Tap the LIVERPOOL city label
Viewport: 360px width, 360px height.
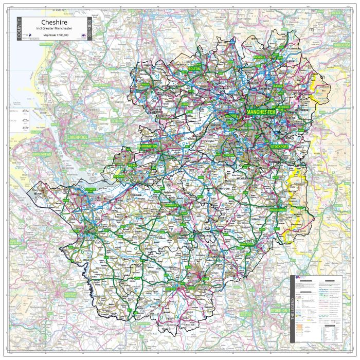click(78, 137)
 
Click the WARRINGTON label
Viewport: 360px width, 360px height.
click(148, 146)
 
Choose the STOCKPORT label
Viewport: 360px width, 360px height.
click(280, 147)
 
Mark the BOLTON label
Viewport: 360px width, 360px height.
click(194, 68)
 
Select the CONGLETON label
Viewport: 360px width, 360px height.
click(246, 244)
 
